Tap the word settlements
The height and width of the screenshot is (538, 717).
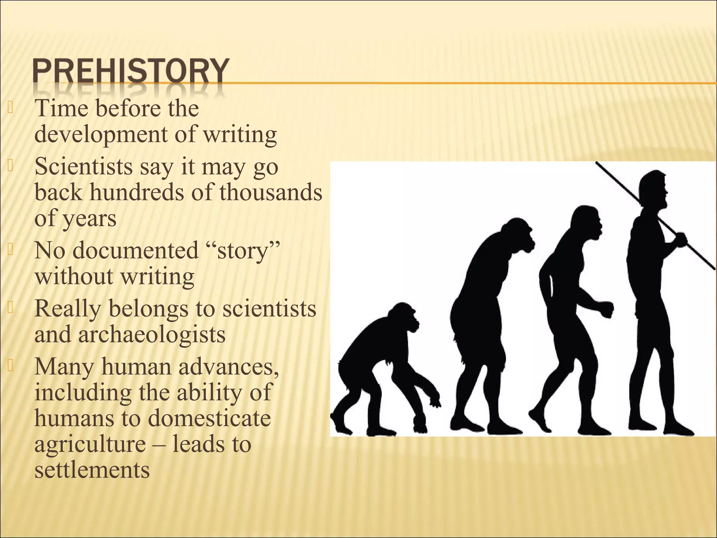[92, 470]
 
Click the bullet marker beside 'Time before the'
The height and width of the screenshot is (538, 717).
[10, 108]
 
